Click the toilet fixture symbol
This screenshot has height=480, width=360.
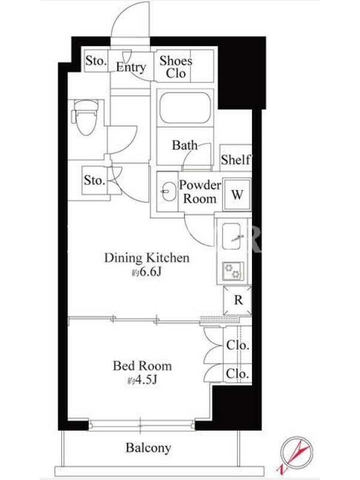point(85,117)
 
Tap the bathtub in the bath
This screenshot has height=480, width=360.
point(185,108)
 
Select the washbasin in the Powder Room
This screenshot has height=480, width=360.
point(167,191)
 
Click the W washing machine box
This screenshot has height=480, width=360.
point(237,194)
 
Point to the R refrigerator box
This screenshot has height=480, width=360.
point(238,301)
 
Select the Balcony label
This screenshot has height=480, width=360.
point(148,448)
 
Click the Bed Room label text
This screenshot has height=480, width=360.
point(142,366)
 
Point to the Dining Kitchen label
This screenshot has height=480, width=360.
point(147,258)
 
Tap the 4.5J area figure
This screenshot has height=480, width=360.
point(142,380)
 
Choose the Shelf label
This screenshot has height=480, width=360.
point(236,159)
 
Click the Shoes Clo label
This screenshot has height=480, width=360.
point(176,67)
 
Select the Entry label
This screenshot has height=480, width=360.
point(131,67)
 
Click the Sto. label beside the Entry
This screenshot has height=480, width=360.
point(96,61)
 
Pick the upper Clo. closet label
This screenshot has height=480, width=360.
point(238,345)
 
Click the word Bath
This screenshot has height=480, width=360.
point(185,145)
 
